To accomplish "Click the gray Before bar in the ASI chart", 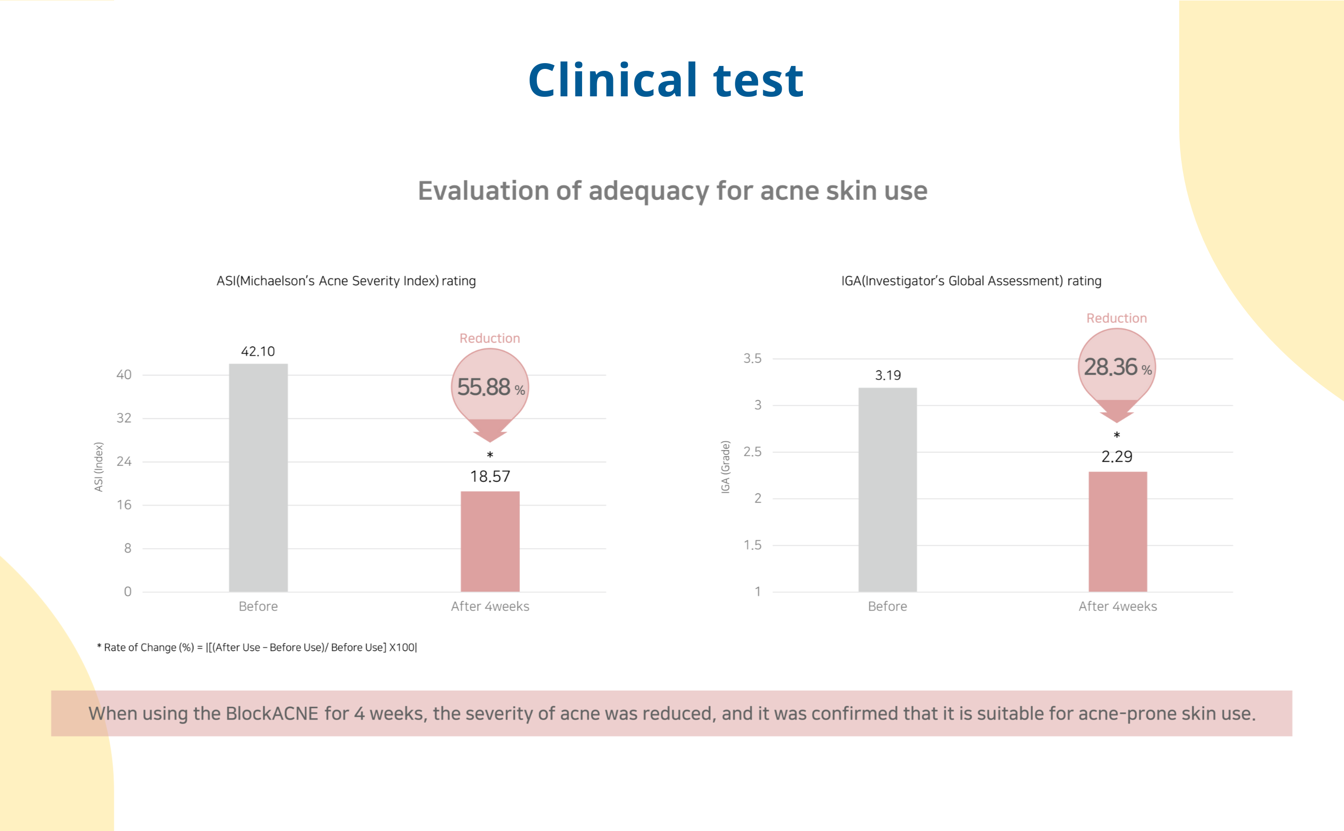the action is click(x=258, y=477).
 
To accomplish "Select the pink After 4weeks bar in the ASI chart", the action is click(x=490, y=541).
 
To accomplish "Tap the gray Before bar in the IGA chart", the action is click(x=888, y=490).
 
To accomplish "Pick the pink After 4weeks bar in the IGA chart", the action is click(x=1118, y=531).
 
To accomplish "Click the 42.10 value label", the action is click(x=258, y=352).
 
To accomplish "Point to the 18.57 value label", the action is click(x=490, y=476).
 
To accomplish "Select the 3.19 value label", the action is click(x=888, y=375).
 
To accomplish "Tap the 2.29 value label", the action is click(x=1117, y=457).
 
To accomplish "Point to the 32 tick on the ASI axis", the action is click(x=124, y=418).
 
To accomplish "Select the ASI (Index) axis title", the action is click(x=99, y=467).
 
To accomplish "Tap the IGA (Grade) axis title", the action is click(x=726, y=467).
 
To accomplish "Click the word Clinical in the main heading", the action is click(x=613, y=80).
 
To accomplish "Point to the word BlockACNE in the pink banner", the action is click(x=272, y=713).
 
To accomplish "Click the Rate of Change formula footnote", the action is click(x=257, y=647).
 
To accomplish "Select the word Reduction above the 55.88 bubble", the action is click(x=490, y=339).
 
